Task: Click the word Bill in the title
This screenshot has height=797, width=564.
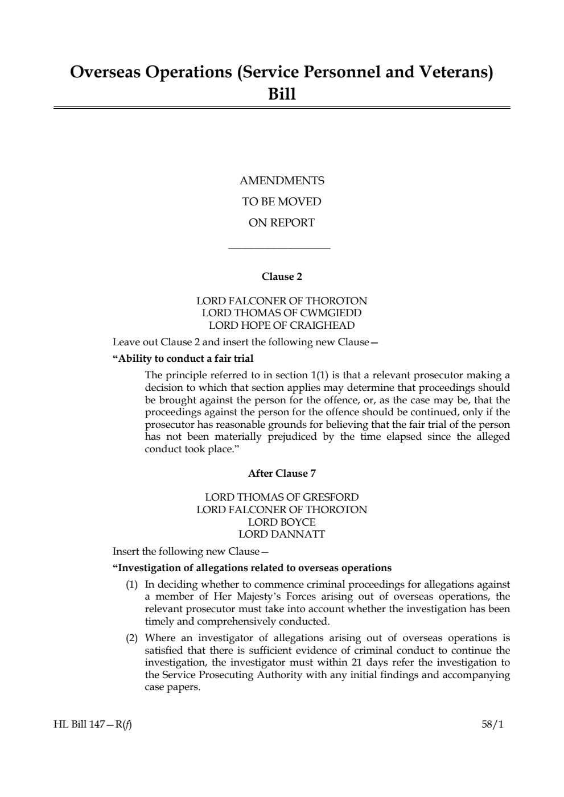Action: click(282, 94)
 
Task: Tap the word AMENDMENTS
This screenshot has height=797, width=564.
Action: click(282, 181)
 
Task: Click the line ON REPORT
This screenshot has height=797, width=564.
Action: click(282, 223)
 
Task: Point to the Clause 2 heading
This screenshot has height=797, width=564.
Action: click(282, 276)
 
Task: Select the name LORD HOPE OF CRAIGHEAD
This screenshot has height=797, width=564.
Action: click(282, 325)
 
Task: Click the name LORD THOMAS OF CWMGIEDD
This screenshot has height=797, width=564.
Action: click(282, 313)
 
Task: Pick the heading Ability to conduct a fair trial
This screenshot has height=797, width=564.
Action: click(183, 358)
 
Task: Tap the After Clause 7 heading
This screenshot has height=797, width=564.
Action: click(282, 473)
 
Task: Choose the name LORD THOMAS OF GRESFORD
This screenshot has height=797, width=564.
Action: click(282, 497)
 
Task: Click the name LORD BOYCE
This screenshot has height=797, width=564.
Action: click(282, 522)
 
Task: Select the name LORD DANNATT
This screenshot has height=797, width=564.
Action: click(282, 534)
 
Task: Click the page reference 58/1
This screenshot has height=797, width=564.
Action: click(493, 725)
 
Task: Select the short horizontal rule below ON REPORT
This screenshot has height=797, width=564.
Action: click(279, 247)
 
